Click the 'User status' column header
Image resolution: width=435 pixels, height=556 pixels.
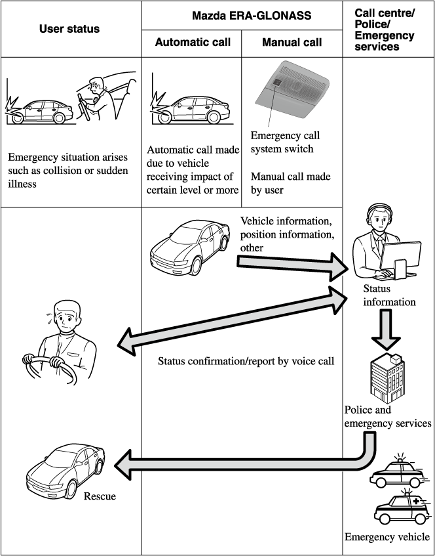(71, 29)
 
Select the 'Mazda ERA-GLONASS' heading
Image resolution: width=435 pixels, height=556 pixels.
(242, 14)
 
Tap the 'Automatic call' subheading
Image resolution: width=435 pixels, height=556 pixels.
(192, 43)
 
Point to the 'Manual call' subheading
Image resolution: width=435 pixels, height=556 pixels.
(292, 43)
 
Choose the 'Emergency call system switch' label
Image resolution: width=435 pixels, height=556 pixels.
(285, 142)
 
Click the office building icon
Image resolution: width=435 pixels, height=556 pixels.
(387, 377)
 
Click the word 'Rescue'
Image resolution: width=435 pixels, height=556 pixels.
(100, 496)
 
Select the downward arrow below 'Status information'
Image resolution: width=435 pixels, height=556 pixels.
(387, 328)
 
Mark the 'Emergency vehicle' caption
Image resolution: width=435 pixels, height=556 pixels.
(387, 537)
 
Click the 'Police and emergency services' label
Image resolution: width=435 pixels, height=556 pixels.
(387, 417)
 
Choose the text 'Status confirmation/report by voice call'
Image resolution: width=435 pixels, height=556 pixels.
(246, 361)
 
